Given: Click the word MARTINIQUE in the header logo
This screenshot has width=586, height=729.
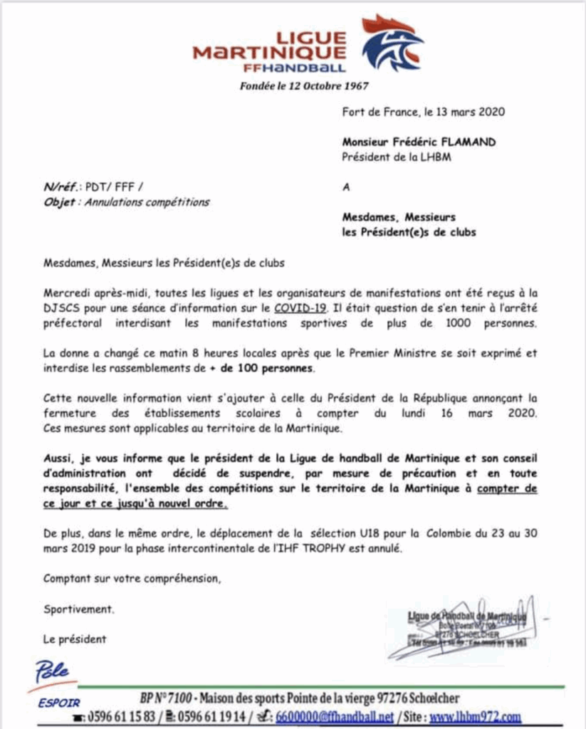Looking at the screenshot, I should [x=270, y=53].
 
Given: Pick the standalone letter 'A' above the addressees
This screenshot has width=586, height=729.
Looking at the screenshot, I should [x=346, y=187].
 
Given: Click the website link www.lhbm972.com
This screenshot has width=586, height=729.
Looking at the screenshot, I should [x=476, y=716].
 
